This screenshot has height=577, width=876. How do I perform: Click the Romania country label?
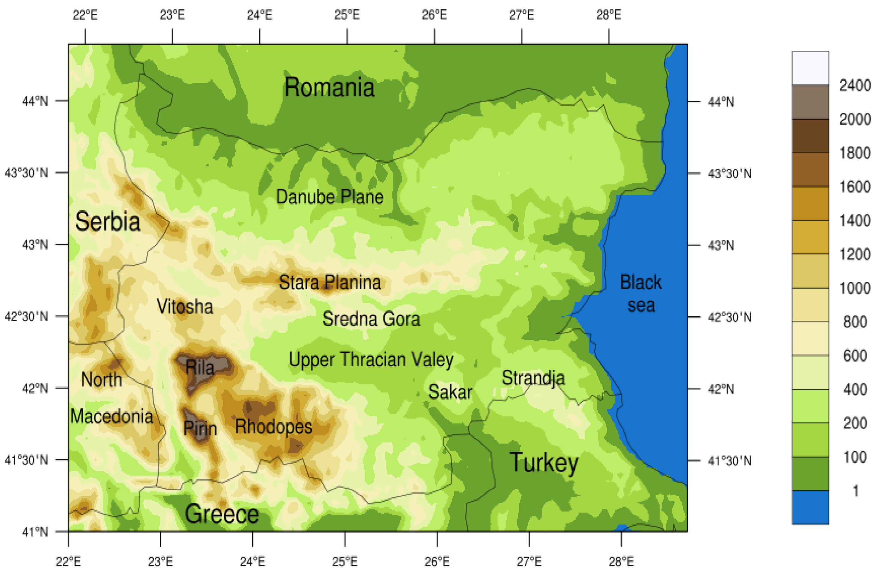pyautogui.click(x=329, y=88)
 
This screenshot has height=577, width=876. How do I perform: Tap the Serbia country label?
pyautogui.click(x=107, y=222)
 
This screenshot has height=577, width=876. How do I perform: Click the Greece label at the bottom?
pyautogui.click(x=222, y=514)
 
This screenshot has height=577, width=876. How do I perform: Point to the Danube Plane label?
pyautogui.click(x=329, y=197)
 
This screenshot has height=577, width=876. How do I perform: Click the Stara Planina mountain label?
pyautogui.click(x=329, y=282)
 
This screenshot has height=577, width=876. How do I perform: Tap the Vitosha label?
pyautogui.click(x=185, y=306)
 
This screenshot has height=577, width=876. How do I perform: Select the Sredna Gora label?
pyautogui.click(x=371, y=319)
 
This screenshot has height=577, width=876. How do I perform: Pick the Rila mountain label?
pyautogui.click(x=200, y=368)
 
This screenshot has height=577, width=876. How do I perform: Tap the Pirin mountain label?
pyautogui.click(x=200, y=428)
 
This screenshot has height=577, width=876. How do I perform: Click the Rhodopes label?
pyautogui.click(x=274, y=426)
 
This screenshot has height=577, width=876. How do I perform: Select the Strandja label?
pyautogui.click(x=533, y=378)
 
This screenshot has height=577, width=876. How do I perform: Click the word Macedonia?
pyautogui.click(x=111, y=416)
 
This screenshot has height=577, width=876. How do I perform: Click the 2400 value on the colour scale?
pyautogui.click(x=855, y=86)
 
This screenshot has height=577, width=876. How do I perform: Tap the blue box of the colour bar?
pyautogui.click(x=810, y=507)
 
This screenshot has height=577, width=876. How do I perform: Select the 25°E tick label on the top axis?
pyautogui.click(x=347, y=15)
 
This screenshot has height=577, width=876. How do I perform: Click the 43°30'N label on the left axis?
pyautogui.click(x=26, y=173)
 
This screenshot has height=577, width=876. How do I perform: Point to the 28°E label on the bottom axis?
pyautogui.click(x=621, y=562)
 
